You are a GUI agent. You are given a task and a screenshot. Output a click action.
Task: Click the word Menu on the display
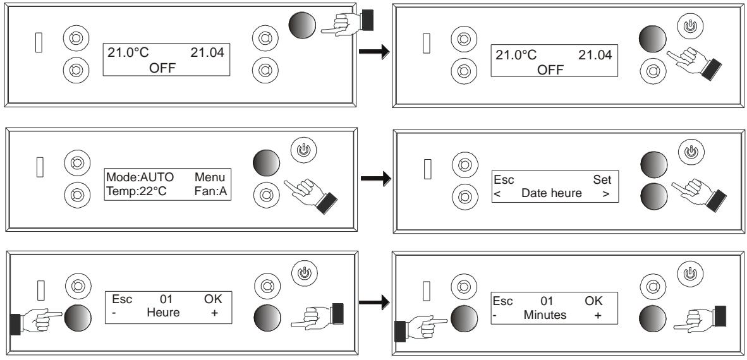click(x=210, y=177)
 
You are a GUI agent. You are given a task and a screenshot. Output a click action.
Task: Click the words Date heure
click(x=552, y=193)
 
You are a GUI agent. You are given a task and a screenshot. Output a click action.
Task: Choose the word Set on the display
click(x=602, y=180)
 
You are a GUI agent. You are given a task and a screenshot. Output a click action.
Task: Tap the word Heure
click(x=163, y=313)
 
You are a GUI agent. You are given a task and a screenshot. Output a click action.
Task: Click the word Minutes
click(x=545, y=315)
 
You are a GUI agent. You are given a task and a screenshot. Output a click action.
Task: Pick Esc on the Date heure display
click(x=504, y=180)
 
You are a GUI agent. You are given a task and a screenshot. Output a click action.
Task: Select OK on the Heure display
click(x=213, y=299)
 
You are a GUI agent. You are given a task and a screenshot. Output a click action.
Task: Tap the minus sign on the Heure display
click(x=114, y=313)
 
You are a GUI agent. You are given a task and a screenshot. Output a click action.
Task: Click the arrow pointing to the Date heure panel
click(x=376, y=179)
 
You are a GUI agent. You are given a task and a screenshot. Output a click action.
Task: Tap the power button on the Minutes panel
click(x=689, y=274)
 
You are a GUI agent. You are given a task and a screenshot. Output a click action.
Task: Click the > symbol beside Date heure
click(x=606, y=194)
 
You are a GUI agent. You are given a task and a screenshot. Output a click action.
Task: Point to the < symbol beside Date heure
click(x=497, y=194)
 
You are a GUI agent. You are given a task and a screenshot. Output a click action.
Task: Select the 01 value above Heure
click(x=166, y=299)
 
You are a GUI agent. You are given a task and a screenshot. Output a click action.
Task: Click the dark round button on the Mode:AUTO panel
click(x=266, y=163)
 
